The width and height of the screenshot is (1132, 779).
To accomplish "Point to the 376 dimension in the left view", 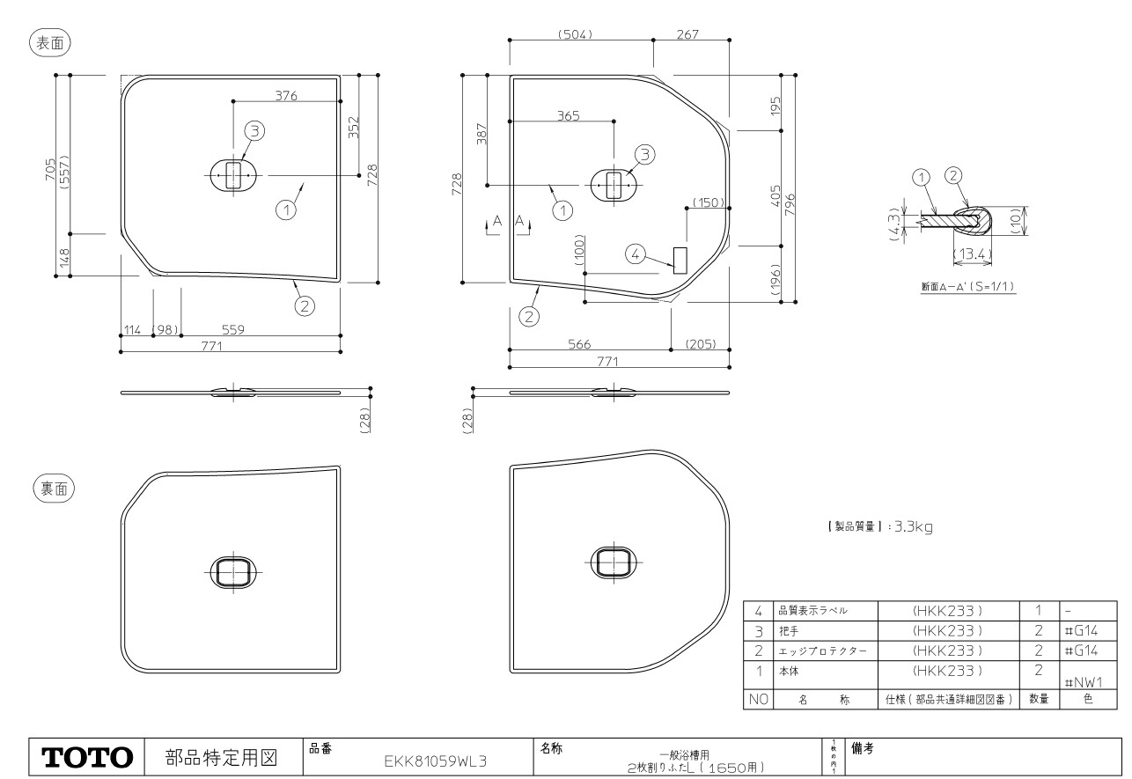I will coord(286,96).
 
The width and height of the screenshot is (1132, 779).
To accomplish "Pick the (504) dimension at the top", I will coord(575,33).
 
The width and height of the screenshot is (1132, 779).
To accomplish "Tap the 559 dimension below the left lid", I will coord(232,329).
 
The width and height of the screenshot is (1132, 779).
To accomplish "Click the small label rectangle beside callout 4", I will coord(679,260).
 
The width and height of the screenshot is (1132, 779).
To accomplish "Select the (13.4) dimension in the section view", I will coord(973,255).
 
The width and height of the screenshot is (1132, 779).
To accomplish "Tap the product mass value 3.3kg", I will coord(913,527).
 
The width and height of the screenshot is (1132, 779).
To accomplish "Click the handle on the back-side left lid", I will coord(232,571).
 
